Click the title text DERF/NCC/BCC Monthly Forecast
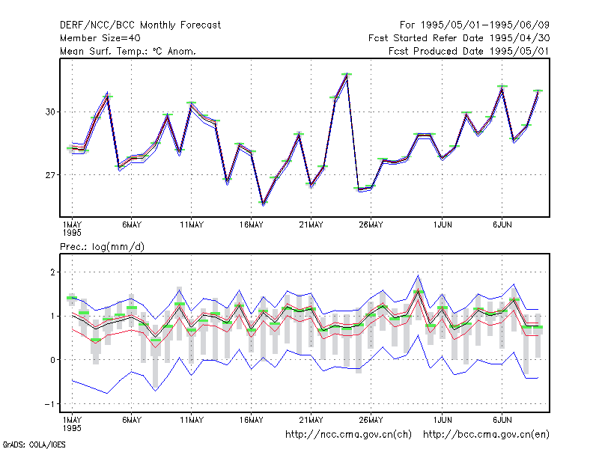click(x=140, y=25)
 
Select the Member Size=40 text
click(x=100, y=38)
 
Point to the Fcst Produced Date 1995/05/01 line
click(x=469, y=51)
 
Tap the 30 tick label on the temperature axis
click(x=50, y=112)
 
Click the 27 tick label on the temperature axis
click(x=50, y=175)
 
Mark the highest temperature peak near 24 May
click(x=347, y=74)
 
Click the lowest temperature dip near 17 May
click(x=264, y=203)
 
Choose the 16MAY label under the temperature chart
click(x=252, y=225)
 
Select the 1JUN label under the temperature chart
click(x=443, y=225)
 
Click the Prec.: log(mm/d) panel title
click(x=102, y=247)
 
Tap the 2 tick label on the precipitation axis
click(x=52, y=272)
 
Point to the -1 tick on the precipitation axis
click(x=50, y=404)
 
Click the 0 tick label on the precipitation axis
click(x=52, y=360)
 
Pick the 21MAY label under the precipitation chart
click(x=311, y=420)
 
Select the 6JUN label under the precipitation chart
click(x=502, y=420)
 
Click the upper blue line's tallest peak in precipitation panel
click(x=418, y=275)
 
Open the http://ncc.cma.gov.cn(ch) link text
click(x=348, y=435)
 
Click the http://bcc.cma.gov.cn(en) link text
click(x=486, y=435)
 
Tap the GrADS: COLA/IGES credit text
click(x=34, y=445)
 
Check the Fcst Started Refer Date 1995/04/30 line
click(x=459, y=38)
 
